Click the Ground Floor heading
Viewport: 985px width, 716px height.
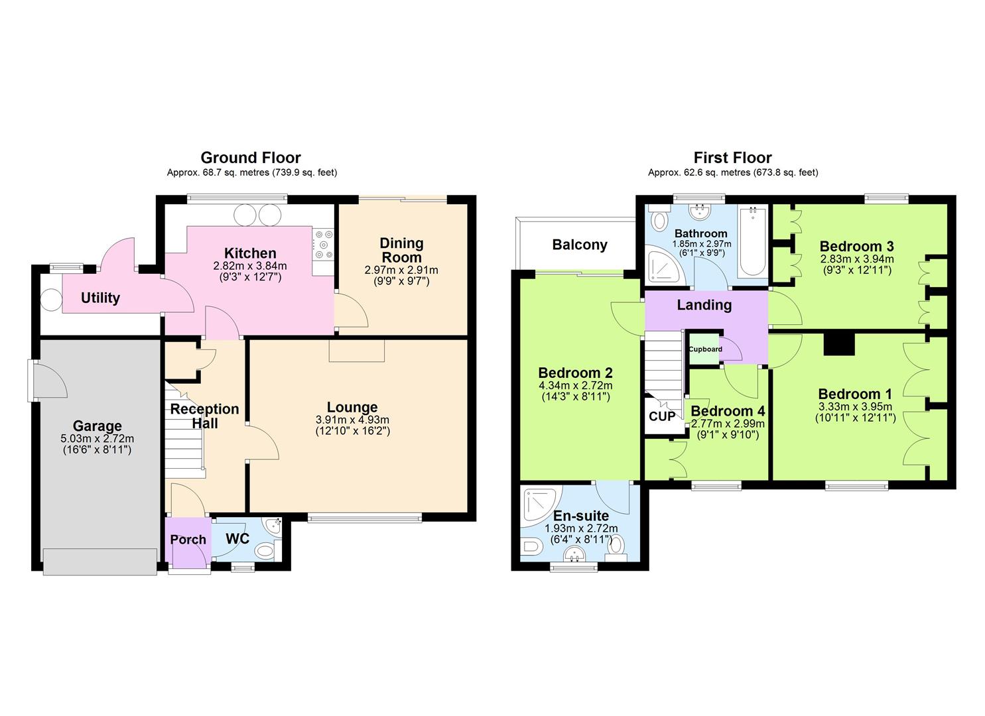251,158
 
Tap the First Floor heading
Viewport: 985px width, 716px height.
732,158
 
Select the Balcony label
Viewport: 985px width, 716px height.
580,245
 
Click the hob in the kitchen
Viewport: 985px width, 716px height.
324,244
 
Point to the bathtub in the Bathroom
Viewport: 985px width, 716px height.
752,242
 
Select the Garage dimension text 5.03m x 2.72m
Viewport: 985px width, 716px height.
97,438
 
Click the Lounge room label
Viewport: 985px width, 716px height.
352,407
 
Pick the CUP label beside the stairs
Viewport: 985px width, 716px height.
661,416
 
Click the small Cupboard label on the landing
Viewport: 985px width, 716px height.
705,349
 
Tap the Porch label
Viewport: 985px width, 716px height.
188,540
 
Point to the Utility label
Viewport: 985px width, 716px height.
100,298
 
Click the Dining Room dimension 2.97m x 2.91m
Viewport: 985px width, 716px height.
401,270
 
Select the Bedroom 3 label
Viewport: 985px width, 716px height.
856,247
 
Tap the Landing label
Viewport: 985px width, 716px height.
704,305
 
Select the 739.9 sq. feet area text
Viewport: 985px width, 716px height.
304,173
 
